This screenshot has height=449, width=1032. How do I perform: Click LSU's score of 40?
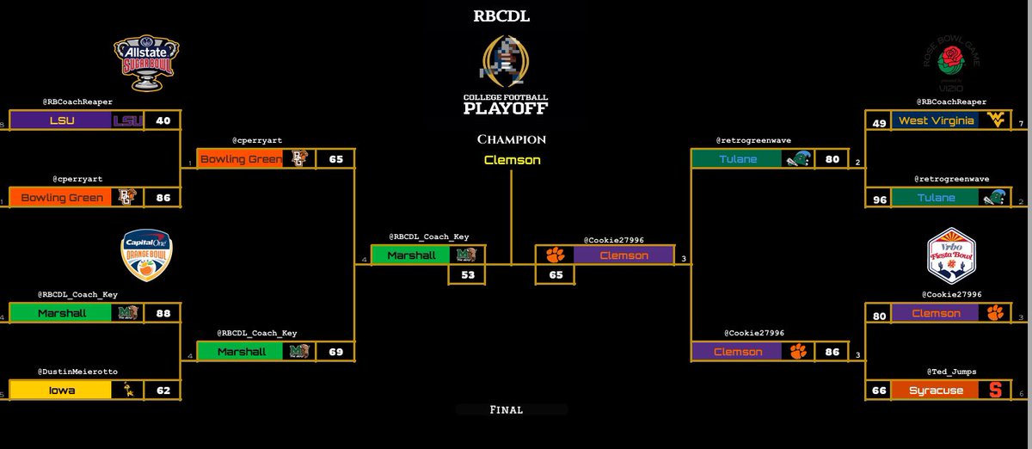pos(163,120)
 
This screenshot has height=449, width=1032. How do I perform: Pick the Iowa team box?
pos(59,390)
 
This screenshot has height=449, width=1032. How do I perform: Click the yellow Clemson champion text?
pos(513,160)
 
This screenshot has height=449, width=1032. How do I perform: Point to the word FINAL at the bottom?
pos(512,410)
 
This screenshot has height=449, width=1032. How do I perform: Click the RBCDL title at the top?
pos(513,15)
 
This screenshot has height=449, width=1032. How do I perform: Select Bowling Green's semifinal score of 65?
pos(335,159)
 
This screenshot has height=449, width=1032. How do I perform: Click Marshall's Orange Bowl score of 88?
pos(163,313)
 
